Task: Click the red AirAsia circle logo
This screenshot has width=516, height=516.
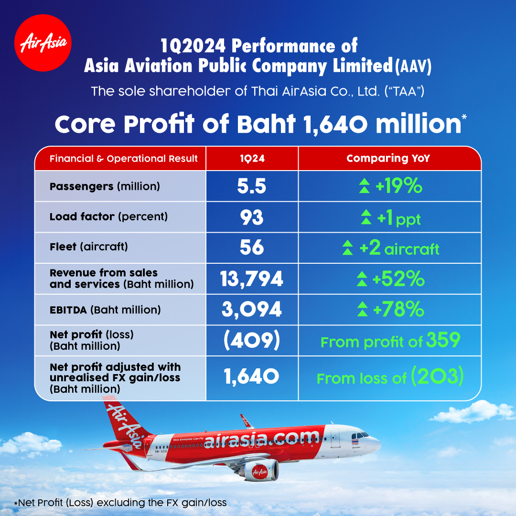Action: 43,43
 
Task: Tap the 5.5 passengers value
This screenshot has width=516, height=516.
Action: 252,186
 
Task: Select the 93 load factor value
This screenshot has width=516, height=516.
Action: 252,217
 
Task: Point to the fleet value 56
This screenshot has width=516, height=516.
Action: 252,247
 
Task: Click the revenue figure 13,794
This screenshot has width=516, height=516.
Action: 251,279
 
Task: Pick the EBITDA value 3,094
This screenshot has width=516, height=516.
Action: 252,309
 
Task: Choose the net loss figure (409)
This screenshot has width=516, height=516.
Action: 252,340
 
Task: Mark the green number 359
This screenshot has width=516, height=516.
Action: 443,340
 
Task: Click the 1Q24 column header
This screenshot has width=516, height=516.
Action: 252,159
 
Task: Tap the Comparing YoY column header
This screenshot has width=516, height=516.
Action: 388,158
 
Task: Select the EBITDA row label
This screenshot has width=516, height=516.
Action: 105,310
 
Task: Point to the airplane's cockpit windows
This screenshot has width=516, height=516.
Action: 360,435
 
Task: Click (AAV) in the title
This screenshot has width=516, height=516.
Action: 413,66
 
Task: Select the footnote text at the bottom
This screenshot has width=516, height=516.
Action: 120,503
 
